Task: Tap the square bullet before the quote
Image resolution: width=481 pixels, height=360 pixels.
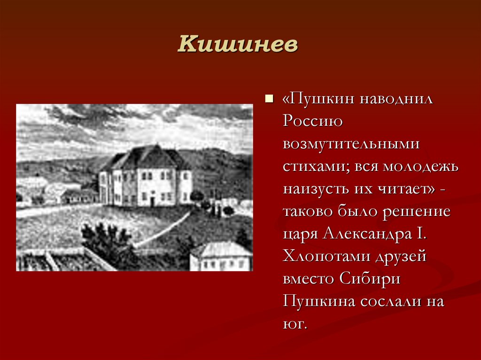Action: (x=269, y=99)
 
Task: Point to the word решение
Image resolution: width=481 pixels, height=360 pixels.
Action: (x=416, y=212)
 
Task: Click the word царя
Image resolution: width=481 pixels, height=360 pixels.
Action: (x=301, y=234)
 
